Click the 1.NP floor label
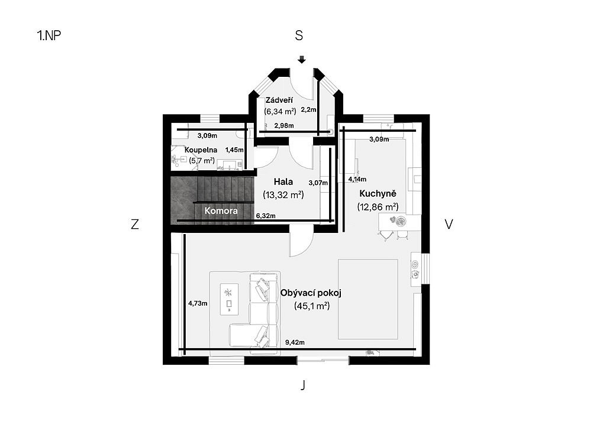coord(49,35)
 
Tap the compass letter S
coord(299,35)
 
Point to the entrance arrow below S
coord(302,60)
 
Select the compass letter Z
coord(134,224)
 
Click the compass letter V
coord(449,224)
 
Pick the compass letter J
coord(303,385)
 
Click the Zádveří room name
coord(279,100)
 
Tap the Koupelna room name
coord(201,150)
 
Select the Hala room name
coord(283,181)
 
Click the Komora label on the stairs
coord(221,210)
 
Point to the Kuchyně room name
coord(378,193)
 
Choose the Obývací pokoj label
coord(311,293)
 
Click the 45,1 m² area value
coord(312,306)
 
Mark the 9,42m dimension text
coord(295,342)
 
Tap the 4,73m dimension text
coord(198,303)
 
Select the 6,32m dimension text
coord(266,216)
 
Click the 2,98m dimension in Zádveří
coord(284,125)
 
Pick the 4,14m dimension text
coord(357,179)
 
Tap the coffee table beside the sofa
coord(229,299)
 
